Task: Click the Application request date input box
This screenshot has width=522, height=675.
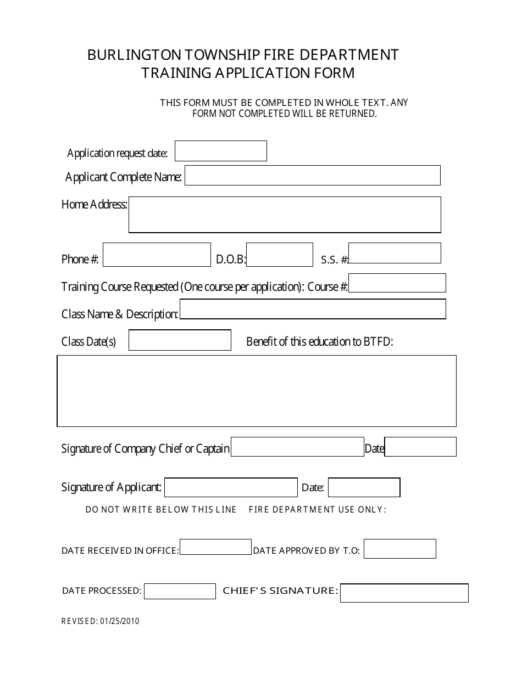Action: point(220,151)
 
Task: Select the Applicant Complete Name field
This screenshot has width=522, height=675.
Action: point(312,175)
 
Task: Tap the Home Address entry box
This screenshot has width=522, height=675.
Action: point(285,215)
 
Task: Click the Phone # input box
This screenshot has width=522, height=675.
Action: point(157,255)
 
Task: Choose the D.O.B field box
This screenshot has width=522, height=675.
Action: point(279,255)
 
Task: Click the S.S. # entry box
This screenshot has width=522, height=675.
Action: point(395,253)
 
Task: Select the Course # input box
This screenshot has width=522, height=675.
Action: point(397,283)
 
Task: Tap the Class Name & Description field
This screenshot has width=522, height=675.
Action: point(313,309)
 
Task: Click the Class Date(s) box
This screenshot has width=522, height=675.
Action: point(180,340)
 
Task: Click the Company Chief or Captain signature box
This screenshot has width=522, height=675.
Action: point(297,447)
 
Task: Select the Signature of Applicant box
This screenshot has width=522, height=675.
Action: point(231,487)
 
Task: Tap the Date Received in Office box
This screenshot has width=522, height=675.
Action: point(215,547)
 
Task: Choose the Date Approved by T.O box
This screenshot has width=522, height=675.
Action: point(399,549)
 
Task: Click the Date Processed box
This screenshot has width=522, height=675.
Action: point(180,591)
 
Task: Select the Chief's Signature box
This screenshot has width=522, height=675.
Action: point(404,593)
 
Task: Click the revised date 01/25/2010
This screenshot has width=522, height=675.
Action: point(120,621)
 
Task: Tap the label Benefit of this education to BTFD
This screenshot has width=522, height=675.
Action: point(320,341)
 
